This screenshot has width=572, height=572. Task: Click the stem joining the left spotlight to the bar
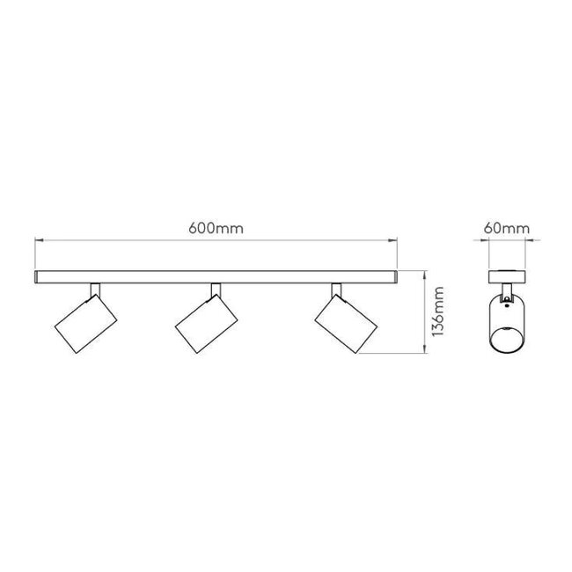point(95,290)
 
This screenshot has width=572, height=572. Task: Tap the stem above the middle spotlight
point(213,290)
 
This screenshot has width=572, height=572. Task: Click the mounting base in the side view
point(509,277)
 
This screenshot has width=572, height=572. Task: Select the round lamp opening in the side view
point(509,338)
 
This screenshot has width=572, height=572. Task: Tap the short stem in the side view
point(509,289)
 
